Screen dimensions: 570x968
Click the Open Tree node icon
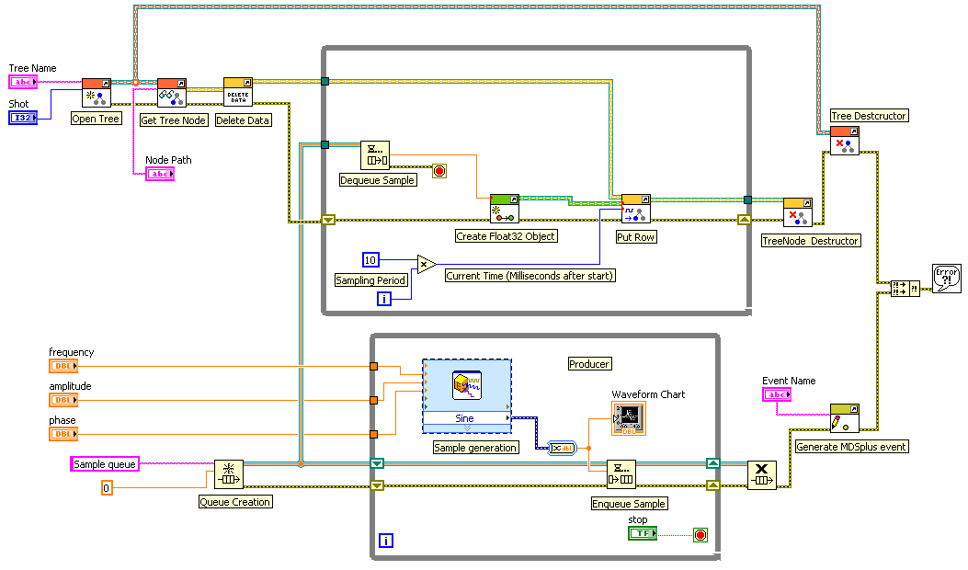point(97,94)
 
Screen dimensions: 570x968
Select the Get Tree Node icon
point(172,94)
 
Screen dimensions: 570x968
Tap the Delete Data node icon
point(238,92)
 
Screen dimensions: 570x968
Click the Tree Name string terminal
point(23,82)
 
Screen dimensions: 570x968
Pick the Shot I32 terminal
point(23,117)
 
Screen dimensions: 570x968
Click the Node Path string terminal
point(159,174)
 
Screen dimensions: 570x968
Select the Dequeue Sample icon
point(374,155)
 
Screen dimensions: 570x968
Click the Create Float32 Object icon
point(505,209)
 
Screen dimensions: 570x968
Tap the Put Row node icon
point(636,209)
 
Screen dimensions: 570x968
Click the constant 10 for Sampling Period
point(370,259)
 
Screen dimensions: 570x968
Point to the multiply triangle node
point(426,265)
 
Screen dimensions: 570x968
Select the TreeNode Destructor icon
point(797,212)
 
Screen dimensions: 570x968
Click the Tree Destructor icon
point(845,140)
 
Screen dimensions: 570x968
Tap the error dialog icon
point(946,279)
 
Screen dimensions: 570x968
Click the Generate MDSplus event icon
point(844,417)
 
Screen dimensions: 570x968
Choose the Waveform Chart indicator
point(628,418)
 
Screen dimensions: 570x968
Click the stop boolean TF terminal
point(643,534)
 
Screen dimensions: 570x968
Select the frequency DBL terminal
point(63,366)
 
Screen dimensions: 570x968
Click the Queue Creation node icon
point(229,475)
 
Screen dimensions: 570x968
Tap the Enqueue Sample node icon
point(621,475)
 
